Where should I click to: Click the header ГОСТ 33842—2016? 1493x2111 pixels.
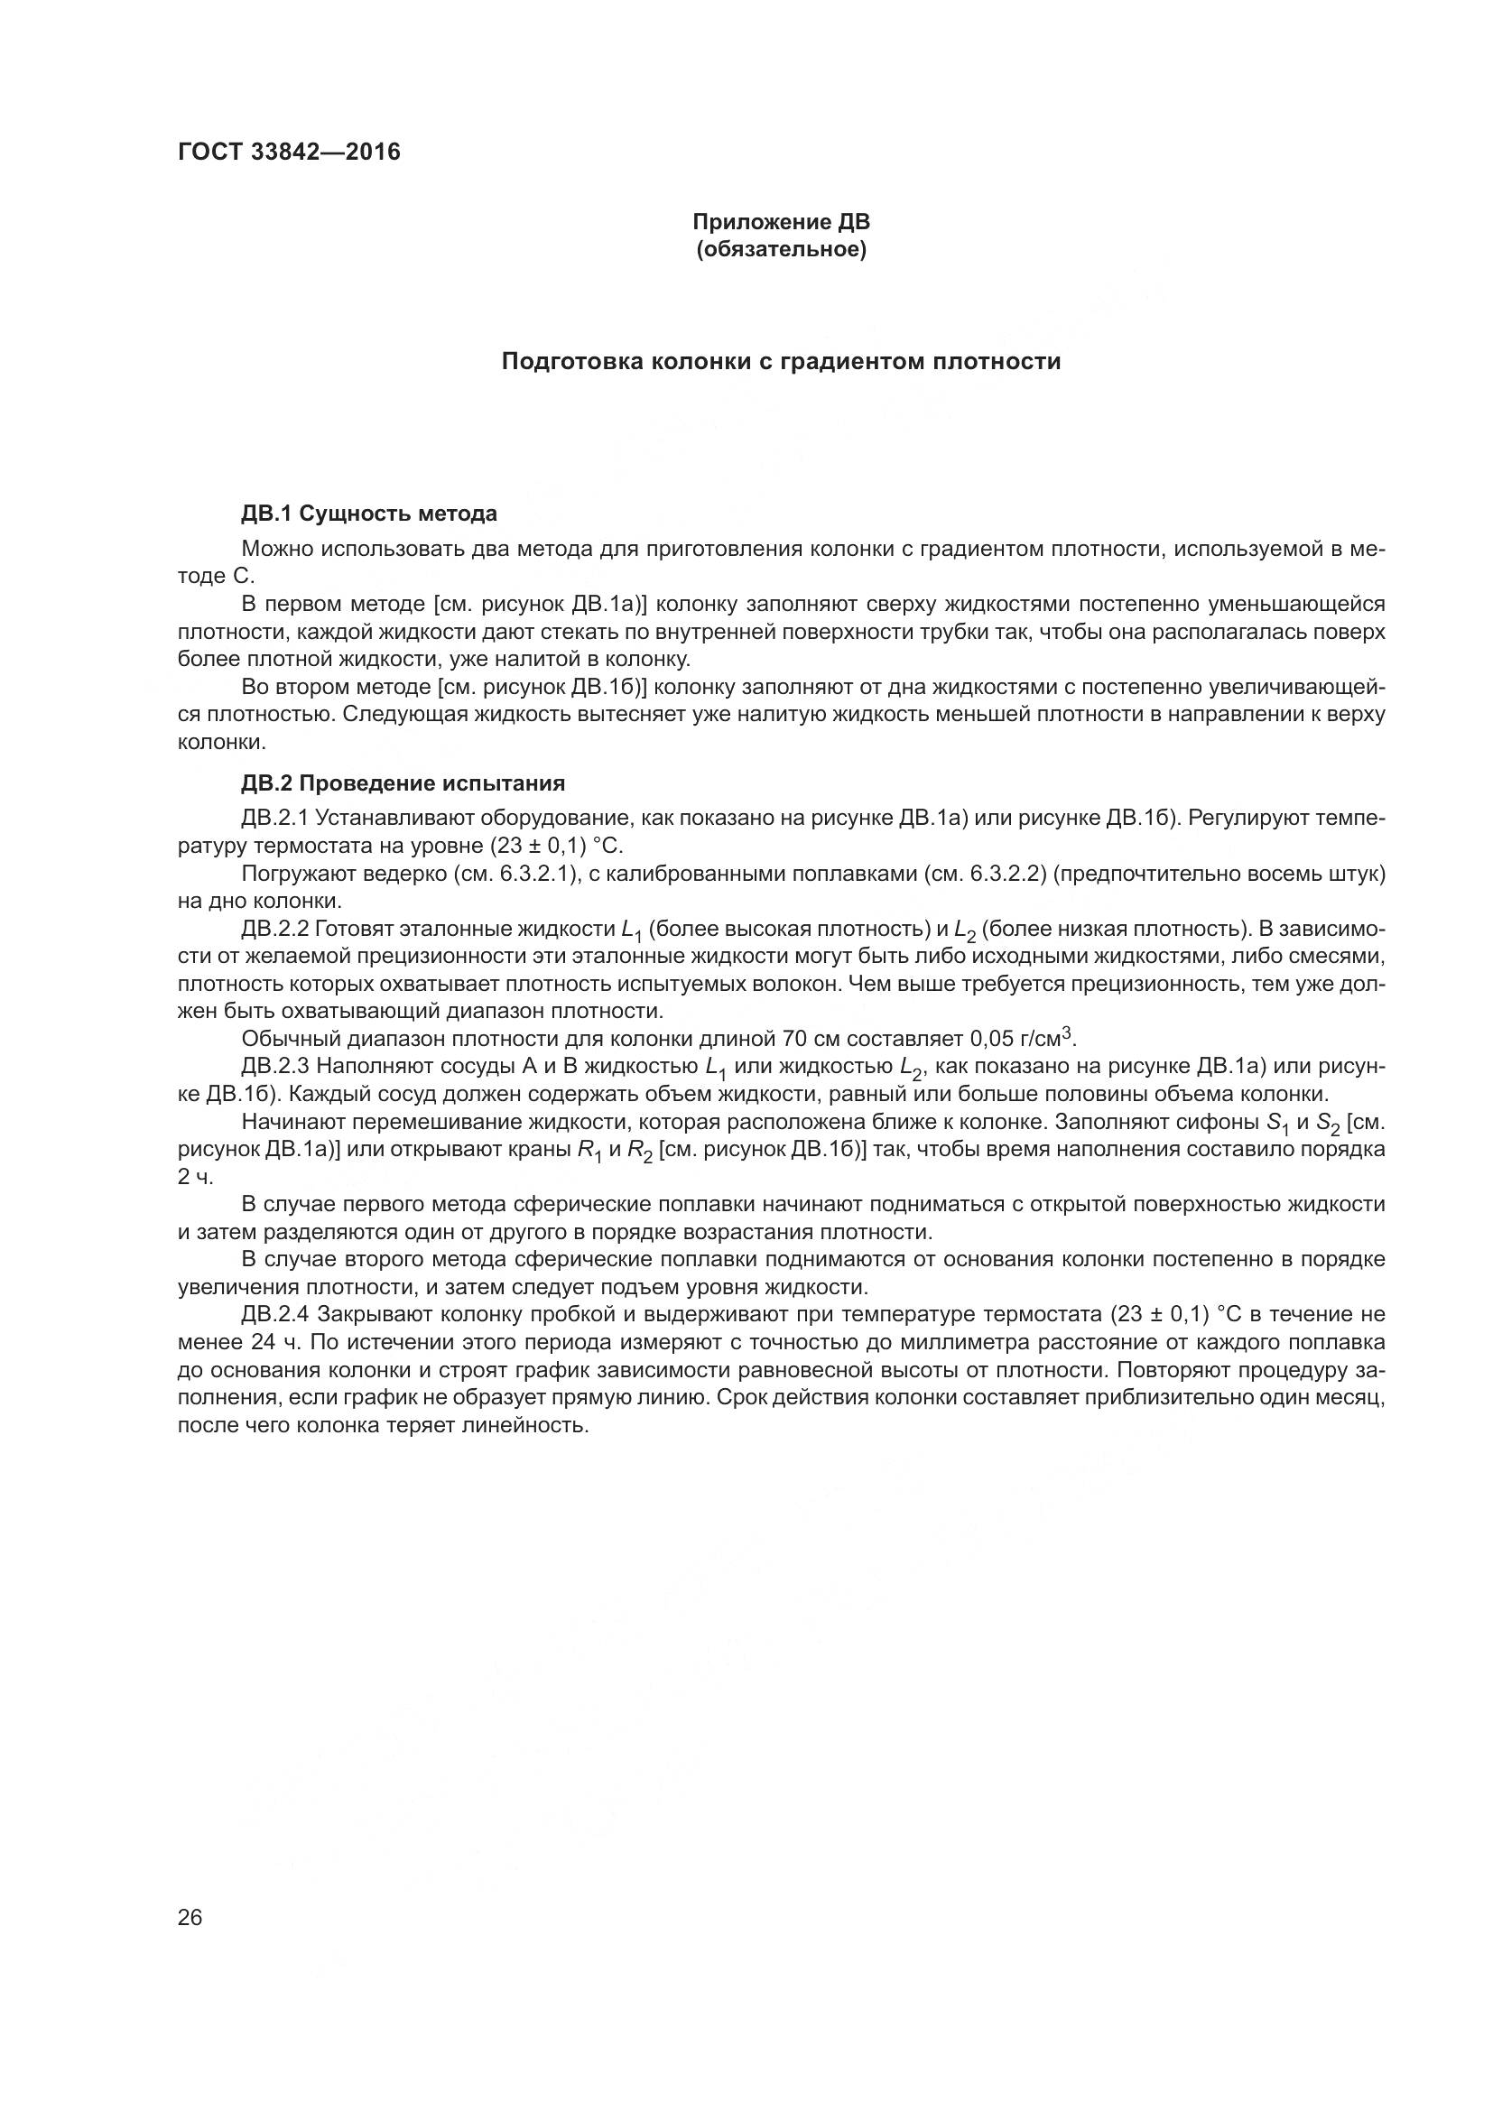coord(289,152)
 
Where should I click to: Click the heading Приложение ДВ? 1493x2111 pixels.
coord(781,223)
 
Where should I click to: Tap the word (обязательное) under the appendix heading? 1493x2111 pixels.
coord(781,250)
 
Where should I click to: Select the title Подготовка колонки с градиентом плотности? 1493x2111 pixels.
coord(781,361)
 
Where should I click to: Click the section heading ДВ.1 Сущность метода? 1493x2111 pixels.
coord(368,513)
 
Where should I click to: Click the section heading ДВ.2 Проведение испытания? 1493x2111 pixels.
coord(403,783)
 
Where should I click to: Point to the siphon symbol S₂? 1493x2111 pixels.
coord(1329,1124)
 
